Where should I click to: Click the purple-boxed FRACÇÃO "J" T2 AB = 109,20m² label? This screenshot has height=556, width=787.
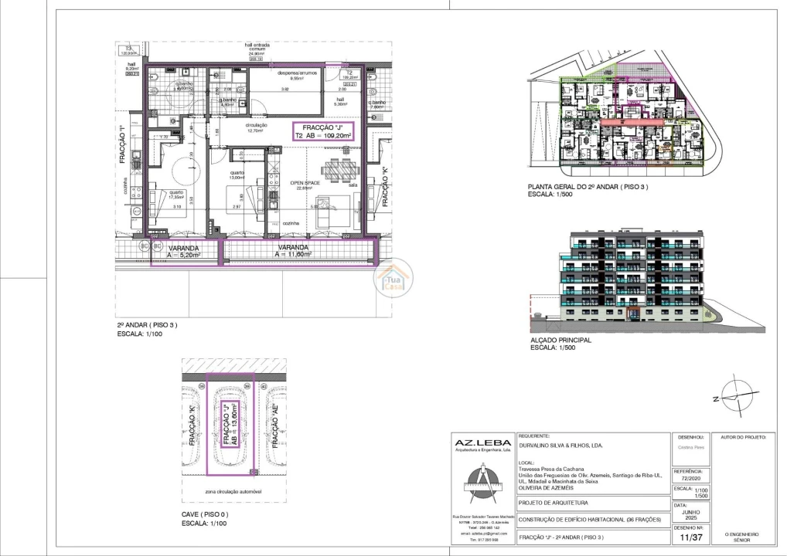tap(322, 131)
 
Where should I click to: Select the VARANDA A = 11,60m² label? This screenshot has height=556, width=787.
tap(294, 250)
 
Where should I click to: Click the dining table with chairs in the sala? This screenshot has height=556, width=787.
tap(341, 169)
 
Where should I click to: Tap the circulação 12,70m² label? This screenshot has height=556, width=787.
tap(255, 127)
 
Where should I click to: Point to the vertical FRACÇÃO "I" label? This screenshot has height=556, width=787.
tap(123, 144)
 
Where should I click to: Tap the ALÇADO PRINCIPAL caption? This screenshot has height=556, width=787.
tap(560, 340)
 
